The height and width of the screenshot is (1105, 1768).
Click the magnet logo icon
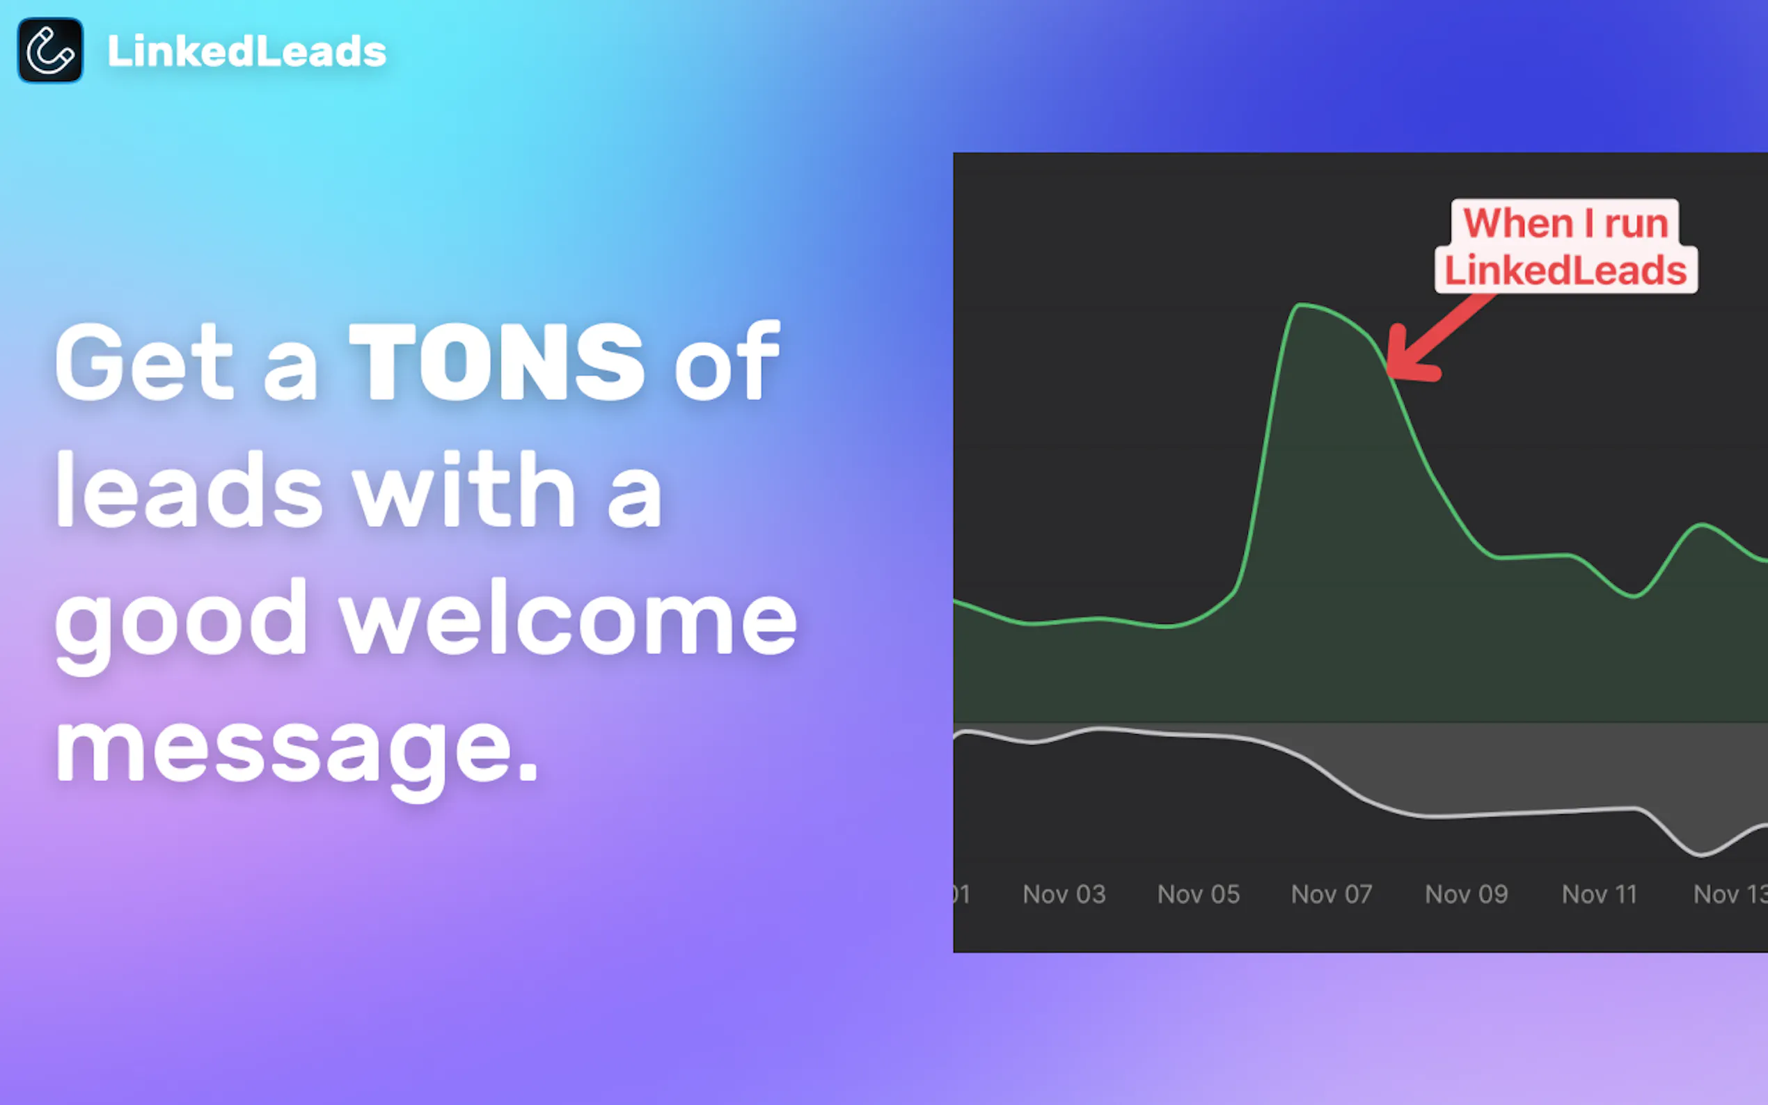[x=49, y=50]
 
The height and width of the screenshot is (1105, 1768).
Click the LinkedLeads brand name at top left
[x=247, y=52]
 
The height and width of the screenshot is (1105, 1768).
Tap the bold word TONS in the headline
[x=497, y=362]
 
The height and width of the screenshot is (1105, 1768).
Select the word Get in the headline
[x=144, y=362]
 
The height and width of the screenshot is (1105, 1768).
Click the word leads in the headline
[x=189, y=489]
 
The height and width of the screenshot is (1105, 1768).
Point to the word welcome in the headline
[x=568, y=617]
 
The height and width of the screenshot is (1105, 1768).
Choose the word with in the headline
[x=464, y=489]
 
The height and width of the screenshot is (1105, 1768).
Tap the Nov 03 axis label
[x=1064, y=893]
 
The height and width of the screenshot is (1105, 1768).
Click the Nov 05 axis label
[x=1199, y=893]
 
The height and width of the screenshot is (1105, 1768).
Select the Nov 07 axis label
[x=1332, y=893]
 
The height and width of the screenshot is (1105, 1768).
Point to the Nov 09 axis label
[x=1466, y=893]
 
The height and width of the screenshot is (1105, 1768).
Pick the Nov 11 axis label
[x=1599, y=893]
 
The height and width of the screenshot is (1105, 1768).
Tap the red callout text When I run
[x=1565, y=223]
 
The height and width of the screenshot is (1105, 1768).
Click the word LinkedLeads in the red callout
[x=1565, y=271]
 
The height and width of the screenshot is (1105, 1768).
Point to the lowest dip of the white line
[x=1700, y=854]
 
